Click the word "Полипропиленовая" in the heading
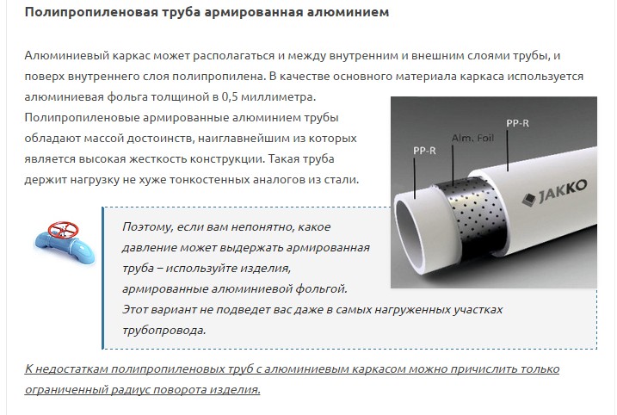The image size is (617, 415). point(91,12)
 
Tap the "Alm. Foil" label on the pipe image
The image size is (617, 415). point(472,138)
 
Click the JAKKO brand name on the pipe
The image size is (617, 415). point(562,191)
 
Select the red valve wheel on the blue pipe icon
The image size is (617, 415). point(63,229)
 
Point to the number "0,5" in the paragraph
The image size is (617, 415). point(230,96)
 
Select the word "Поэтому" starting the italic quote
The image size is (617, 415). point(147,226)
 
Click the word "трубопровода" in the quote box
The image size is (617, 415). point(164,330)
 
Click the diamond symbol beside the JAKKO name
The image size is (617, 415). point(529,199)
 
